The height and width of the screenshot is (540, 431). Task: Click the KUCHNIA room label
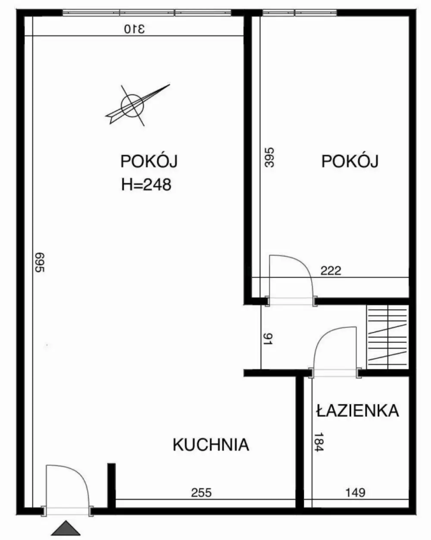coord(211,444)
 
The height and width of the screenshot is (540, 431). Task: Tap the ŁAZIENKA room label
coord(357,411)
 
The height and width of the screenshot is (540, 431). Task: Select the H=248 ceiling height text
coord(147,185)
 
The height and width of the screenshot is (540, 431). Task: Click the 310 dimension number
coord(135,29)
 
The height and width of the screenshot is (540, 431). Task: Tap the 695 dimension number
coord(39,262)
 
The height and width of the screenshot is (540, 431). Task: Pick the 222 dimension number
coord(331,271)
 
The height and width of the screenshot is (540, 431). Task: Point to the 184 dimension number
coord(319,442)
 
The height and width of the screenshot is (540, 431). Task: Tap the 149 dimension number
coord(356,492)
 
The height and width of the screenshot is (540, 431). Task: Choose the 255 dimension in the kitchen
coord(201,492)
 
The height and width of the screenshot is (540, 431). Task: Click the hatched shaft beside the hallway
coord(387,337)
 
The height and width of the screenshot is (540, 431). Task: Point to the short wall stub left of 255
coord(111,483)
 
